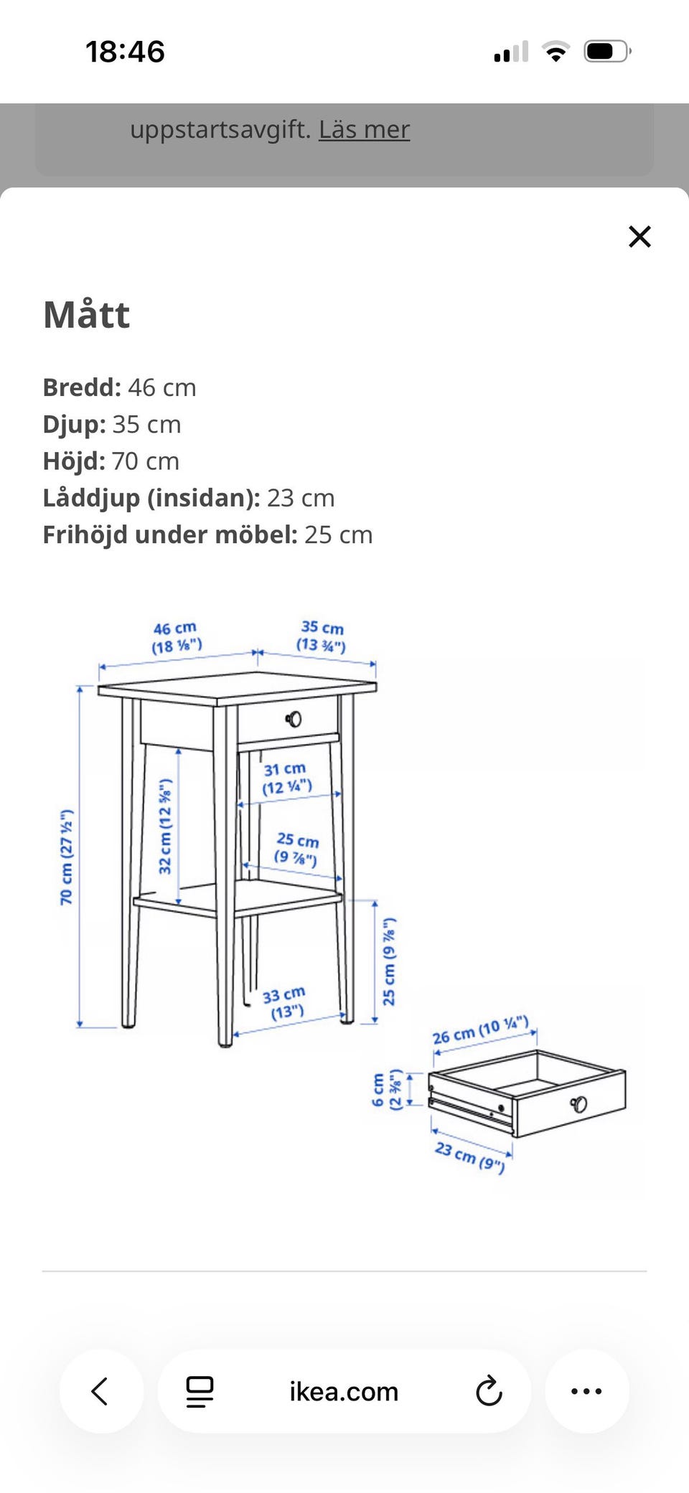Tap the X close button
coord(639,236)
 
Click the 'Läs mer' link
coord(365,129)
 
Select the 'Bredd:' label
coord(82,387)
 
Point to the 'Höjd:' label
coord(74,461)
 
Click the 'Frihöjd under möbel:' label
coord(170,534)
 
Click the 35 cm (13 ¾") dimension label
coord(322,636)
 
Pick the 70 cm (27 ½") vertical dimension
coord(66,857)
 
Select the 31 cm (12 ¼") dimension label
coord(286,778)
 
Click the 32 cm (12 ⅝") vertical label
coord(165,826)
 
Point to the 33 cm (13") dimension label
coord(285,1002)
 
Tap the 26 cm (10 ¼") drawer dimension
coord(480,1030)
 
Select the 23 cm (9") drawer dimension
coord(470,1157)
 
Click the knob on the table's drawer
coord(294,719)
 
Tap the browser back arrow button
coord(101,1391)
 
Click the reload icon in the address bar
coord(489,1391)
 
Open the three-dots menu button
coord(587,1391)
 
